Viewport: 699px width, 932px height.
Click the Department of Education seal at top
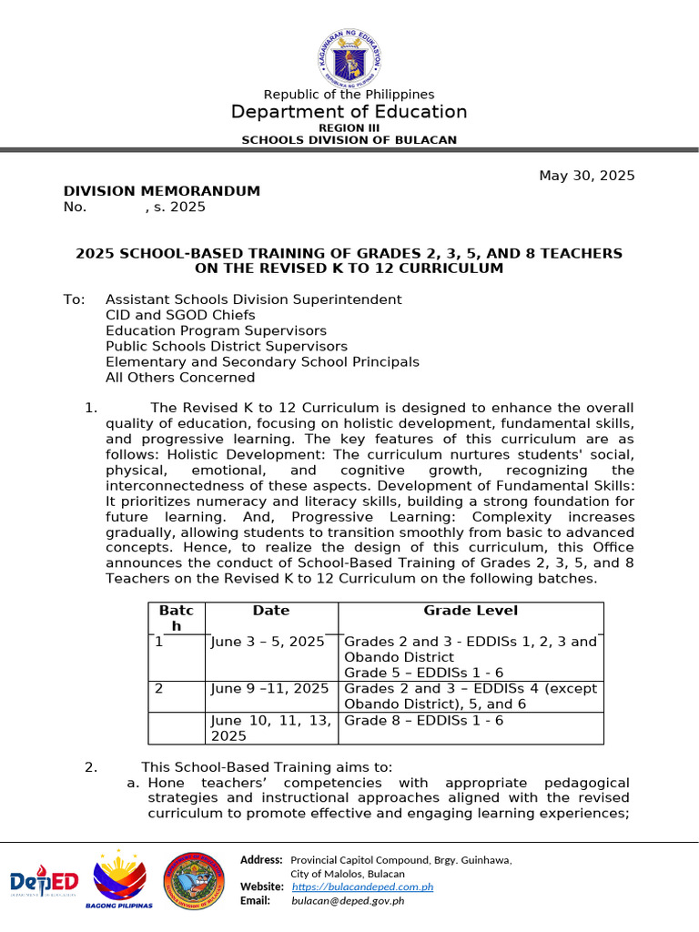coord(349,54)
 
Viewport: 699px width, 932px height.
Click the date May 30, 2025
coord(587,176)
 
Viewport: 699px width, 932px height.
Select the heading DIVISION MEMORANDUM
coord(161,191)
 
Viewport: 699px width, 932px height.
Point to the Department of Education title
coord(349,112)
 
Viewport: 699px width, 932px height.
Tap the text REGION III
coord(349,128)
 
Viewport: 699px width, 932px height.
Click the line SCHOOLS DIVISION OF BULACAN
coord(349,140)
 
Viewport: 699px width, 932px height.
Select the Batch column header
coord(170,618)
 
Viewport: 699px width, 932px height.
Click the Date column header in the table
coord(271,611)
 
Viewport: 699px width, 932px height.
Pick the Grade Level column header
coord(471,611)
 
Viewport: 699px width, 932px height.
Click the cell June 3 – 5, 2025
coord(268,642)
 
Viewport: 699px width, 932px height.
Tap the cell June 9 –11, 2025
coord(268,689)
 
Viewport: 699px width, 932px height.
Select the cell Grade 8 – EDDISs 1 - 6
coord(424,720)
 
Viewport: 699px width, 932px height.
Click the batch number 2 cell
coord(159,689)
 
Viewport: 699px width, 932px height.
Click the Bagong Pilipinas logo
coord(119,880)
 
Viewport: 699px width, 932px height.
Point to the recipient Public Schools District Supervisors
coord(226,346)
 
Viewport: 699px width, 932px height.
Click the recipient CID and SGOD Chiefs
coord(180,315)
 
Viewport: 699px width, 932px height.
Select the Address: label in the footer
coord(261,860)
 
